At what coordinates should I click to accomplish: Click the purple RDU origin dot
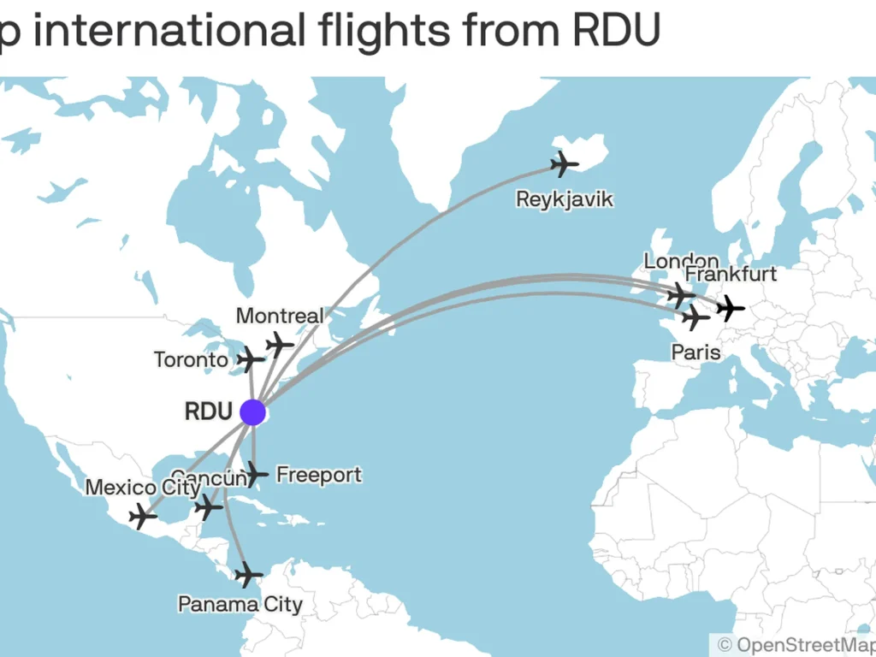coord(252,411)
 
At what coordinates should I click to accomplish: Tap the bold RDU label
coord(208,411)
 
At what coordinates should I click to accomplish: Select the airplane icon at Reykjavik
coord(565,163)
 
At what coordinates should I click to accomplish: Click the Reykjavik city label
coord(565,199)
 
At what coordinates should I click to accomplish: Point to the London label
coord(681,261)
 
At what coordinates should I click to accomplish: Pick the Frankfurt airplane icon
coord(731,306)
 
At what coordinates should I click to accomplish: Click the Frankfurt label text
coord(731,275)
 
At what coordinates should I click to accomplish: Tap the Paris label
coord(695,352)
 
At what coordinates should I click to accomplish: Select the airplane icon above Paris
coord(696,319)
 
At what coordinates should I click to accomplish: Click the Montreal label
coord(280,316)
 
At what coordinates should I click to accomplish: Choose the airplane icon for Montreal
coord(279,344)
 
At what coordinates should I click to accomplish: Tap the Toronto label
coord(191,360)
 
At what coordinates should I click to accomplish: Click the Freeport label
coord(318,475)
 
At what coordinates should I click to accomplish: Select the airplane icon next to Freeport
coord(256,472)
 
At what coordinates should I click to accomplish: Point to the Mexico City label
coord(143,488)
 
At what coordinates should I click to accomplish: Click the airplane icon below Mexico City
coord(142,517)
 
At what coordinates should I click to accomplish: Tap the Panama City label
coord(240,605)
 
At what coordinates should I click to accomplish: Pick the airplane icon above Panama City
coord(248,575)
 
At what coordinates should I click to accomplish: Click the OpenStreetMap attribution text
coord(796,644)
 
